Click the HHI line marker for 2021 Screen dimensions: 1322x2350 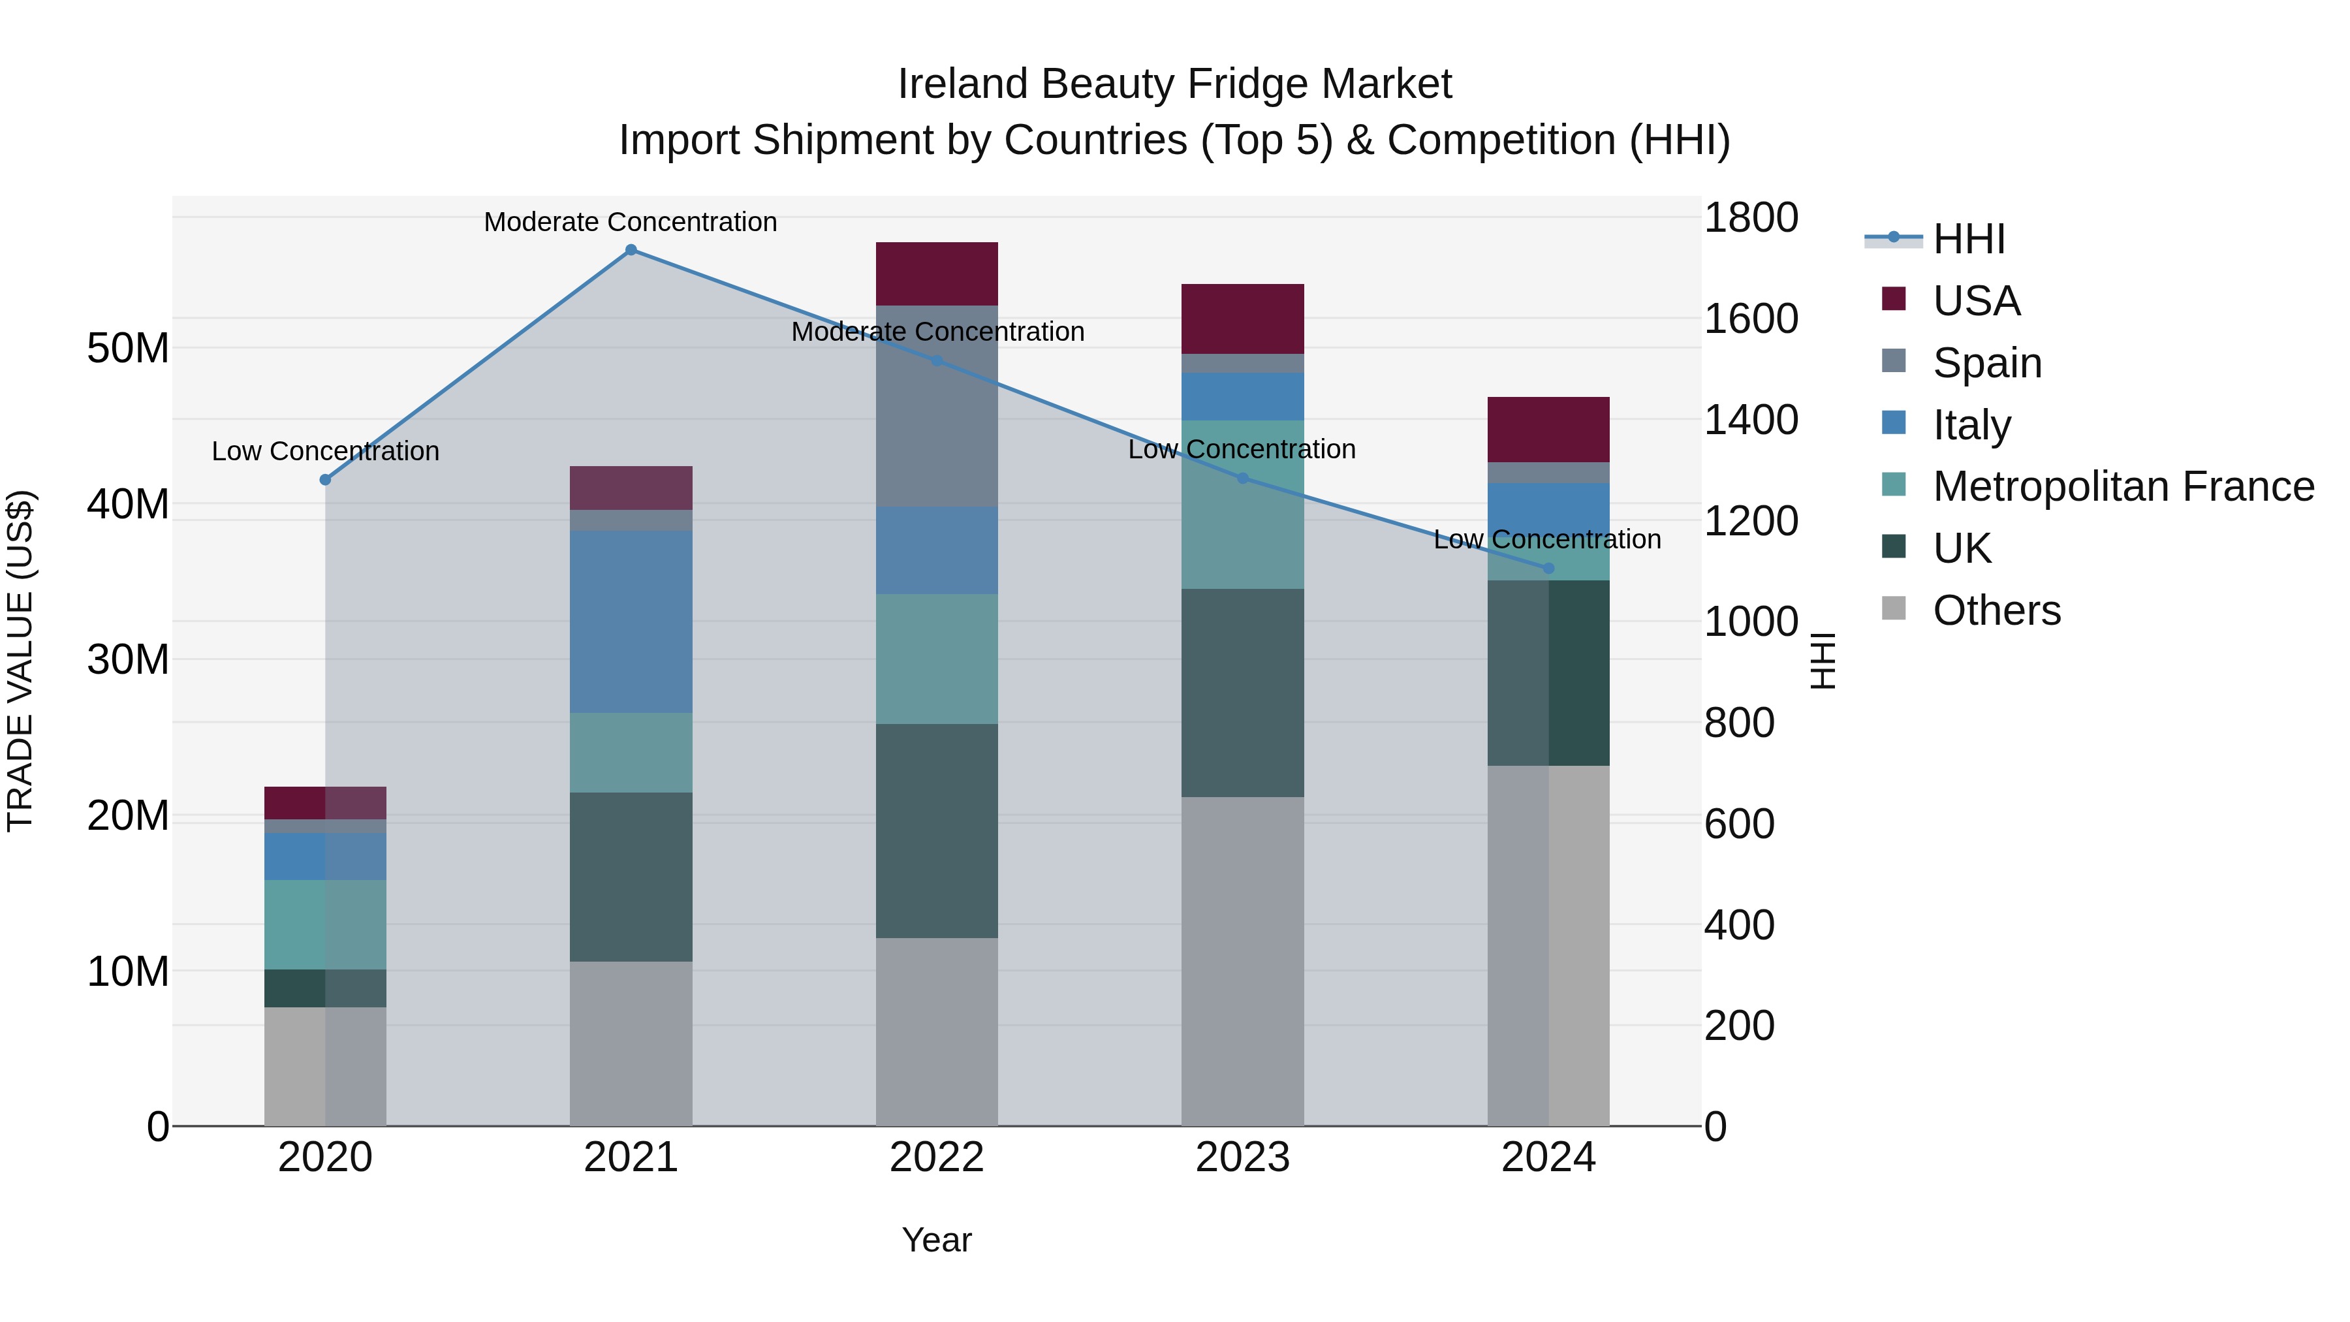[x=631, y=250]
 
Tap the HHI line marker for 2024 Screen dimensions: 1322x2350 [x=1548, y=569]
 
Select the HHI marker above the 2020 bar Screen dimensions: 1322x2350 [x=325, y=480]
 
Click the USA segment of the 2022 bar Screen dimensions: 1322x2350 [x=937, y=274]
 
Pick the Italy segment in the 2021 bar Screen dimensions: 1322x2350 [x=631, y=622]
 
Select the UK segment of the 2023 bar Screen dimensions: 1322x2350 [x=1242, y=693]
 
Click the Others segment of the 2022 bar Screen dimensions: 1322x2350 [x=937, y=1032]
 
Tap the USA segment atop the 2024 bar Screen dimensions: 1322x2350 [x=1548, y=430]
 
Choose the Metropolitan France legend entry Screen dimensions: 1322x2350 [x=2123, y=486]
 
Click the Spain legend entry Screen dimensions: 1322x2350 [x=1987, y=363]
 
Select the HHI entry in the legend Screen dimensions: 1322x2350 [x=1969, y=239]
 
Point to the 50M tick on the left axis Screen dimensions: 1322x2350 [x=128, y=349]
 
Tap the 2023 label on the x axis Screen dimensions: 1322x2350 [x=1242, y=1157]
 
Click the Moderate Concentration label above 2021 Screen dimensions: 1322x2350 [x=631, y=222]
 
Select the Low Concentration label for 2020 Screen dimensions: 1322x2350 [x=325, y=450]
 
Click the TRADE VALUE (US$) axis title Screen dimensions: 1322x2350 [x=21, y=661]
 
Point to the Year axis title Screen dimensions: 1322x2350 [x=937, y=1240]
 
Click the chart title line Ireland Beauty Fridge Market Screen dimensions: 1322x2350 [x=1174, y=84]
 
